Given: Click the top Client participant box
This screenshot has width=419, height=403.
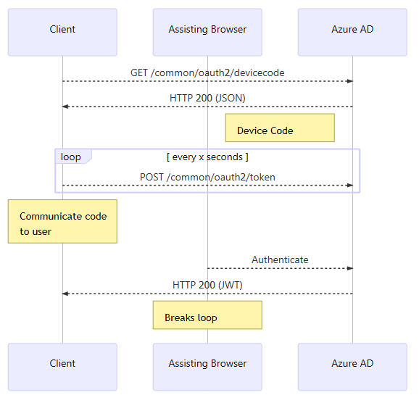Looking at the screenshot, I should coord(62,32).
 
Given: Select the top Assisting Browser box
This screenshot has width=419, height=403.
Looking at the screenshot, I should coord(207,32).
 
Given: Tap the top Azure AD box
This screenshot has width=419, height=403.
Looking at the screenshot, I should coord(352,32).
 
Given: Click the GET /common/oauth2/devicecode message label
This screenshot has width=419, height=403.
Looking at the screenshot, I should coord(207,72).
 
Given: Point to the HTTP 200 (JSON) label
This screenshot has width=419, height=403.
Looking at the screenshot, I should coord(207,98).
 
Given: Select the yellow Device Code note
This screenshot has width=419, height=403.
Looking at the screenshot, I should coord(279,128).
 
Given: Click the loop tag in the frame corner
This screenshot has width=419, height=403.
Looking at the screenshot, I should coord(72,157).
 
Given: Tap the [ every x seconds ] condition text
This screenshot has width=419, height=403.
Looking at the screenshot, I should coord(207,157).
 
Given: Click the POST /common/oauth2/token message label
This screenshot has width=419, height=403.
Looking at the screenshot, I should coord(207,177).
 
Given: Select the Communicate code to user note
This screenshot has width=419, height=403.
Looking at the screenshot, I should coord(62,221).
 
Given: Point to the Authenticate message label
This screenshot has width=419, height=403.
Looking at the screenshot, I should coord(280,259).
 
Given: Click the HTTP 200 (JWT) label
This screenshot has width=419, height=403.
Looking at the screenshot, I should coord(207,285).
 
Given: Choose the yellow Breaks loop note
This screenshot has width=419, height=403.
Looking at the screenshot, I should coord(207,315).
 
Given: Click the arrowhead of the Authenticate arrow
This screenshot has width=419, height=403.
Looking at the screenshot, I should coord(349,268).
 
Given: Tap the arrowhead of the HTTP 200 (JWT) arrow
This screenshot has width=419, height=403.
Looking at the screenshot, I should coord(65,294).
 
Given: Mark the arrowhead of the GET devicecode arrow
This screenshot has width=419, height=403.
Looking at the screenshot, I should coord(349,81).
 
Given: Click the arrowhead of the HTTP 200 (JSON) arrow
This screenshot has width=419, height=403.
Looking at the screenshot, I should coord(65,107).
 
